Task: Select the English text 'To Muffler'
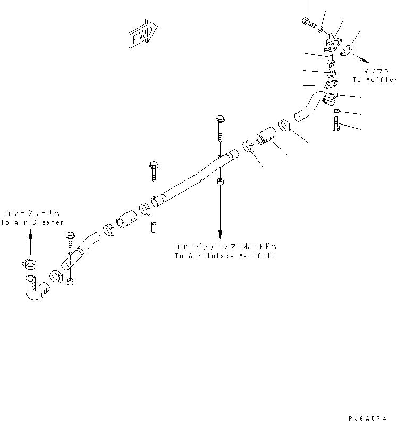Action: (374, 80)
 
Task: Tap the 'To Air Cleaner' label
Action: (32, 222)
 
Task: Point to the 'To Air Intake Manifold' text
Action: (225, 256)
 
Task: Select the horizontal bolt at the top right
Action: (309, 22)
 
